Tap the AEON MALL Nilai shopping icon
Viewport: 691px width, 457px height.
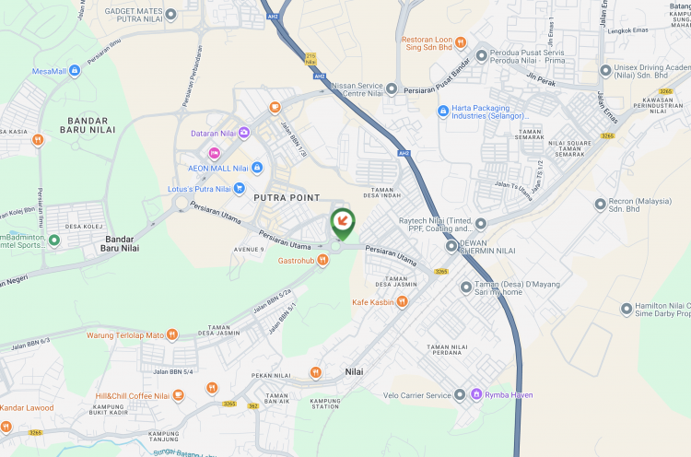[257, 168]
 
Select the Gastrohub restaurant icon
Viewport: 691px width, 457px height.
[322, 261]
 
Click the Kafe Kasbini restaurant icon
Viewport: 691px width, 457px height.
[402, 302]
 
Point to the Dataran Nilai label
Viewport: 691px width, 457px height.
[214, 134]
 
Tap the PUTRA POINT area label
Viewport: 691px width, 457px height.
[287, 198]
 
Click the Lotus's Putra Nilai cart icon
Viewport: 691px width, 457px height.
[239, 187]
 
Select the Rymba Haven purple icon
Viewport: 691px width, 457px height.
[476, 395]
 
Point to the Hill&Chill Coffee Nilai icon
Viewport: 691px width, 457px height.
[178, 396]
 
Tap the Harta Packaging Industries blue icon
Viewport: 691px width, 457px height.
[443, 111]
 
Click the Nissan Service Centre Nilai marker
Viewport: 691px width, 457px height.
[392, 88]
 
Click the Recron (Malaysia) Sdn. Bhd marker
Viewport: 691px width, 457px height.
[601, 203]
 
